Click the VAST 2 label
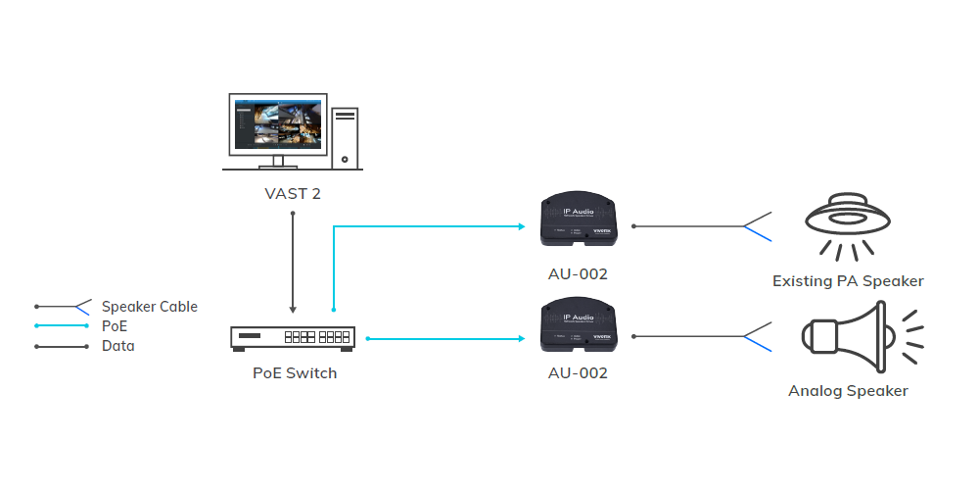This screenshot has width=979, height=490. (293, 193)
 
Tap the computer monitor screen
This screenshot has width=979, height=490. (276, 123)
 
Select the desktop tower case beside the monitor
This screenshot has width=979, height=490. (346, 136)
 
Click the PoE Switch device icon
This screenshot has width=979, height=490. (293, 337)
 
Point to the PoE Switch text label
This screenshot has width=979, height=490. (294, 373)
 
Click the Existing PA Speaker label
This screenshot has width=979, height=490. (848, 281)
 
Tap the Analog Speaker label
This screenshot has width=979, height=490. (848, 391)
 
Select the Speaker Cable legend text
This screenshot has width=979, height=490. (149, 307)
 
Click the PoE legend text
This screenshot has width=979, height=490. (115, 326)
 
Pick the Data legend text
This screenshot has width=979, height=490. (118, 346)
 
